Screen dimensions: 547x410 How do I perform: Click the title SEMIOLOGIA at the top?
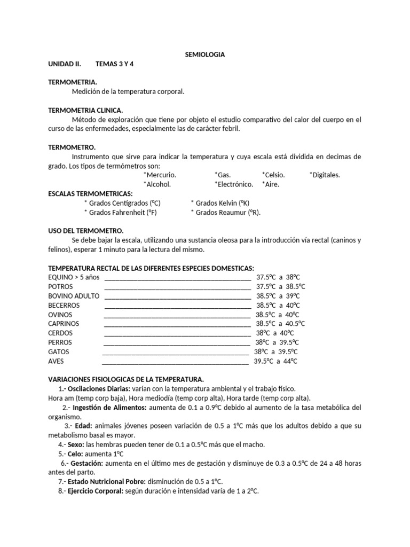[204, 54]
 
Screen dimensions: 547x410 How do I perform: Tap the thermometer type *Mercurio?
[160, 175]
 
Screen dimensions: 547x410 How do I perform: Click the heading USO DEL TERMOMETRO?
[86, 231]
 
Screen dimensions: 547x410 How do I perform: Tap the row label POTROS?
[60, 286]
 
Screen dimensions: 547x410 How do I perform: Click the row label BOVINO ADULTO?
[73, 295]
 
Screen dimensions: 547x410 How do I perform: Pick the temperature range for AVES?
[275, 361]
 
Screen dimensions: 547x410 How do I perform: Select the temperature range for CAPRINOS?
[280, 324]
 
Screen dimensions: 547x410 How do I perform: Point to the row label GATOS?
[59, 351]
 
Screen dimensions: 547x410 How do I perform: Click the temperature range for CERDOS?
[275, 333]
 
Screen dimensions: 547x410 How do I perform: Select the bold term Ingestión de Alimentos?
[109, 408]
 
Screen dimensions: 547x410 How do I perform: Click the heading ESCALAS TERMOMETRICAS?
[90, 193]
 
